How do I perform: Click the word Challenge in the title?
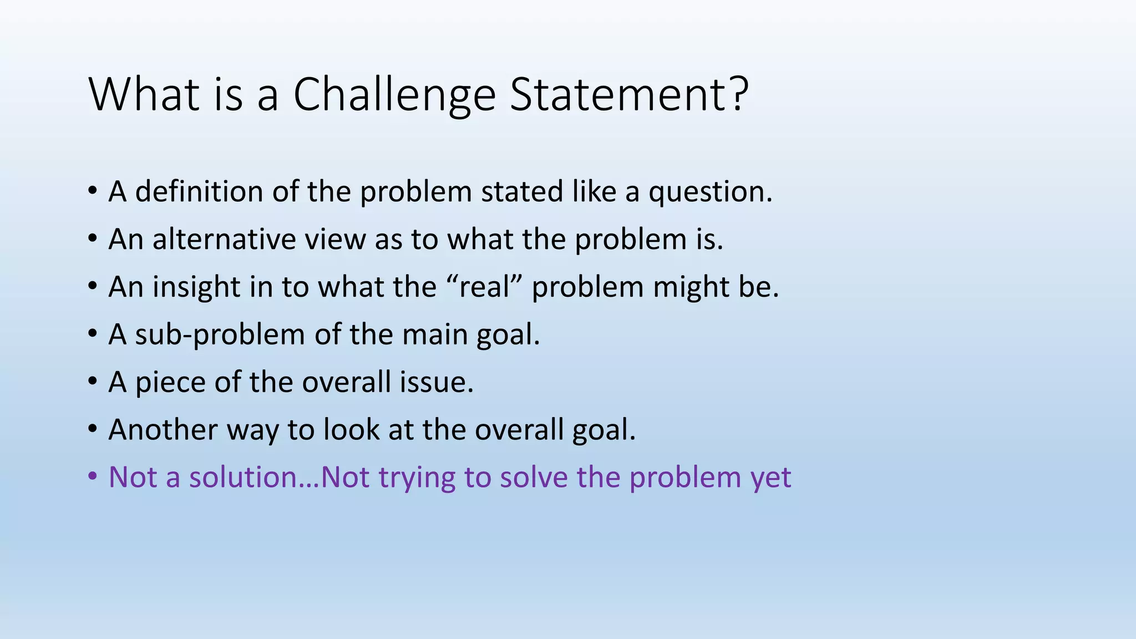pyautogui.click(x=394, y=95)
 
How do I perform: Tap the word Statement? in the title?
pyautogui.click(x=629, y=94)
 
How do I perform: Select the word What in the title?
pyautogui.click(x=143, y=94)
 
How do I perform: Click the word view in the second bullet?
pyautogui.click(x=336, y=239)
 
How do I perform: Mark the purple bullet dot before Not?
pyautogui.click(x=93, y=478)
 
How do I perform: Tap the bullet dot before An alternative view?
pyautogui.click(x=93, y=239)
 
